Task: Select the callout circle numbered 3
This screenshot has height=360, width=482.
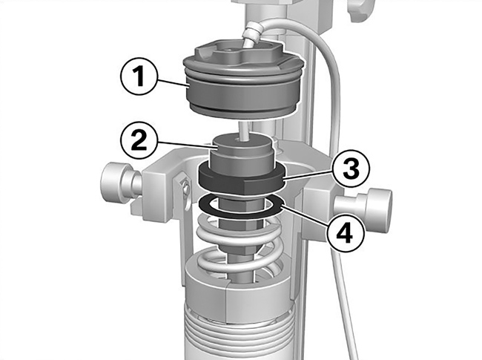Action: [351, 169]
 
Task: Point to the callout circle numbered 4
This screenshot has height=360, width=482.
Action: [346, 234]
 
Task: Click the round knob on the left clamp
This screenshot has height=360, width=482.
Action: [117, 180]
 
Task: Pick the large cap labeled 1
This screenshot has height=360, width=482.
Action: [243, 79]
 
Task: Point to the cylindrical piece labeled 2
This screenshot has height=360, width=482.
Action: [242, 153]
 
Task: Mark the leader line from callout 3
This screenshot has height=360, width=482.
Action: [308, 177]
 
